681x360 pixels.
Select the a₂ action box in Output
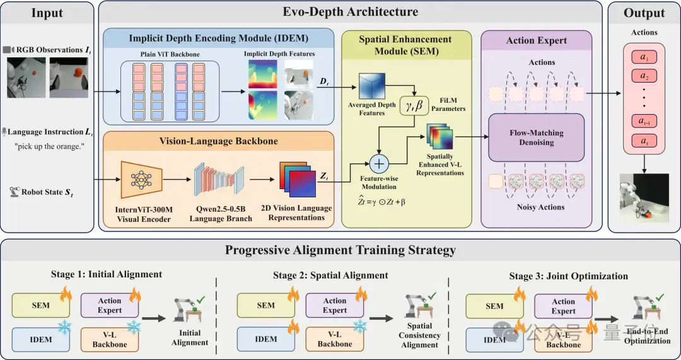pos(644,76)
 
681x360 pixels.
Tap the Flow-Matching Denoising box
pos(537,137)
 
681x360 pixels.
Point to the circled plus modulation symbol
pos(380,164)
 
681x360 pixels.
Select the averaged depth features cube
pos(372,86)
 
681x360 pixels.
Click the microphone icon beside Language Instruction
pos(4,132)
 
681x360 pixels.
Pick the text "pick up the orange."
pos(49,146)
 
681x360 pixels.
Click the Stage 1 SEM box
pos(41,305)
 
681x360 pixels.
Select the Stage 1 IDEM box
pos(41,340)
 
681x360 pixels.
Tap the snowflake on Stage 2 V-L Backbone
pos(360,326)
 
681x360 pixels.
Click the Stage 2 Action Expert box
pos(335,305)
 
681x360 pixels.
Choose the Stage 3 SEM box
pos(494,306)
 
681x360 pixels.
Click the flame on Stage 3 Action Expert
pos(591,294)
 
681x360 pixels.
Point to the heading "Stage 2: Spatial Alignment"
pos(330,276)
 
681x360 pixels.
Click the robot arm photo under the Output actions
pos(644,198)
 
